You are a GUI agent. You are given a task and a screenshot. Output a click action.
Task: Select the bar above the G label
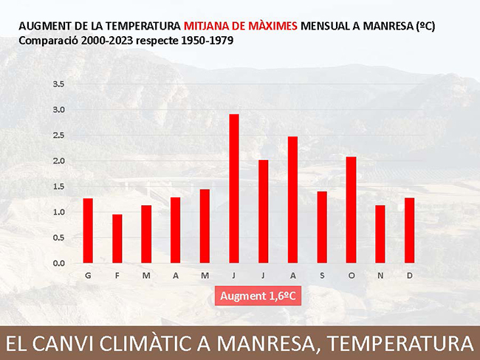[88, 231]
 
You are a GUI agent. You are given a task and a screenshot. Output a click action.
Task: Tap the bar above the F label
[117, 239]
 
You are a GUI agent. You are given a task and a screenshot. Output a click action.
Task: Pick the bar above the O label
[351, 210]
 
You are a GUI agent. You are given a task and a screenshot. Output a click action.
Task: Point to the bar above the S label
[321, 227]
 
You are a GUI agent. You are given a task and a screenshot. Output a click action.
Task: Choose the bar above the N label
[380, 235]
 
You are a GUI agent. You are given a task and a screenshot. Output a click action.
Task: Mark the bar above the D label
[409, 231]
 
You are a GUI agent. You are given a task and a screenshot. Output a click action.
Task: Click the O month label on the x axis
[351, 276]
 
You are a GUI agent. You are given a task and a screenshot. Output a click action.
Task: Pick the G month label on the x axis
[88, 276]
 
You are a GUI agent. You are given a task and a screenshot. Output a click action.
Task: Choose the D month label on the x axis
[409, 276]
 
